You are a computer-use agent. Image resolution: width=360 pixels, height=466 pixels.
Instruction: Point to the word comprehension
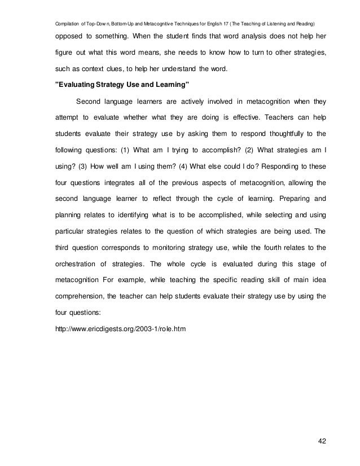coord(81,294)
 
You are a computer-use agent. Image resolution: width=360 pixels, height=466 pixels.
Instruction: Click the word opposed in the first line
coord(71,38)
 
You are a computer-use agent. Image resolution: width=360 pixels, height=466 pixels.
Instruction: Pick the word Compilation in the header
coord(68,23)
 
